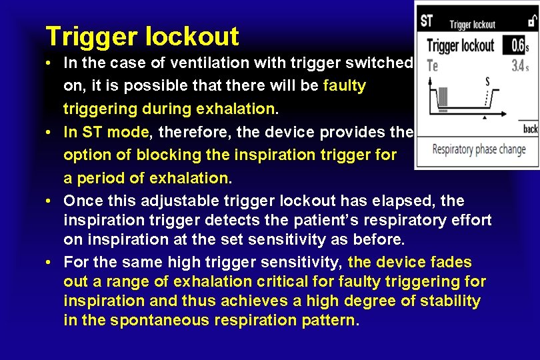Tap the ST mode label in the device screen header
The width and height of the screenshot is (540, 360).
click(x=427, y=21)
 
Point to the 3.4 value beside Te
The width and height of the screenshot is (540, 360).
click(x=517, y=66)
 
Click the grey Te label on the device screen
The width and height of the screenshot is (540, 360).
click(x=432, y=66)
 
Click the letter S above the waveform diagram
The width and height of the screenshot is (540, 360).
click(x=487, y=83)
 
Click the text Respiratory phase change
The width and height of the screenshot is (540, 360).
click(x=479, y=149)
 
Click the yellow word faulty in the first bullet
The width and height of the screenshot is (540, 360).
click(x=344, y=86)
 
